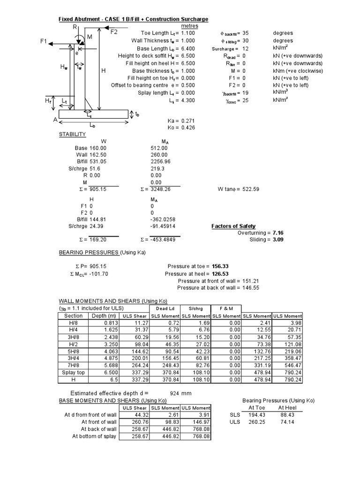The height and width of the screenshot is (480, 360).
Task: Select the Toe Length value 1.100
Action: [187, 33]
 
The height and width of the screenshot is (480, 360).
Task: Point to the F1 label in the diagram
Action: [44, 42]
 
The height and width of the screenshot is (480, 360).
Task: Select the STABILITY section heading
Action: [72, 135]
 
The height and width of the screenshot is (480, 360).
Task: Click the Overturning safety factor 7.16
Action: [277, 232]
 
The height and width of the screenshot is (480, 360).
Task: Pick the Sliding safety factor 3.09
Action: [277, 240]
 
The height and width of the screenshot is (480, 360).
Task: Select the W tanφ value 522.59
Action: [250, 189]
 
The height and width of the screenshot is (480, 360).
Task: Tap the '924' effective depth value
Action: [174, 393]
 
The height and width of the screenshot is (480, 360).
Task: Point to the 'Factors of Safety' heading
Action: [234, 226]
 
